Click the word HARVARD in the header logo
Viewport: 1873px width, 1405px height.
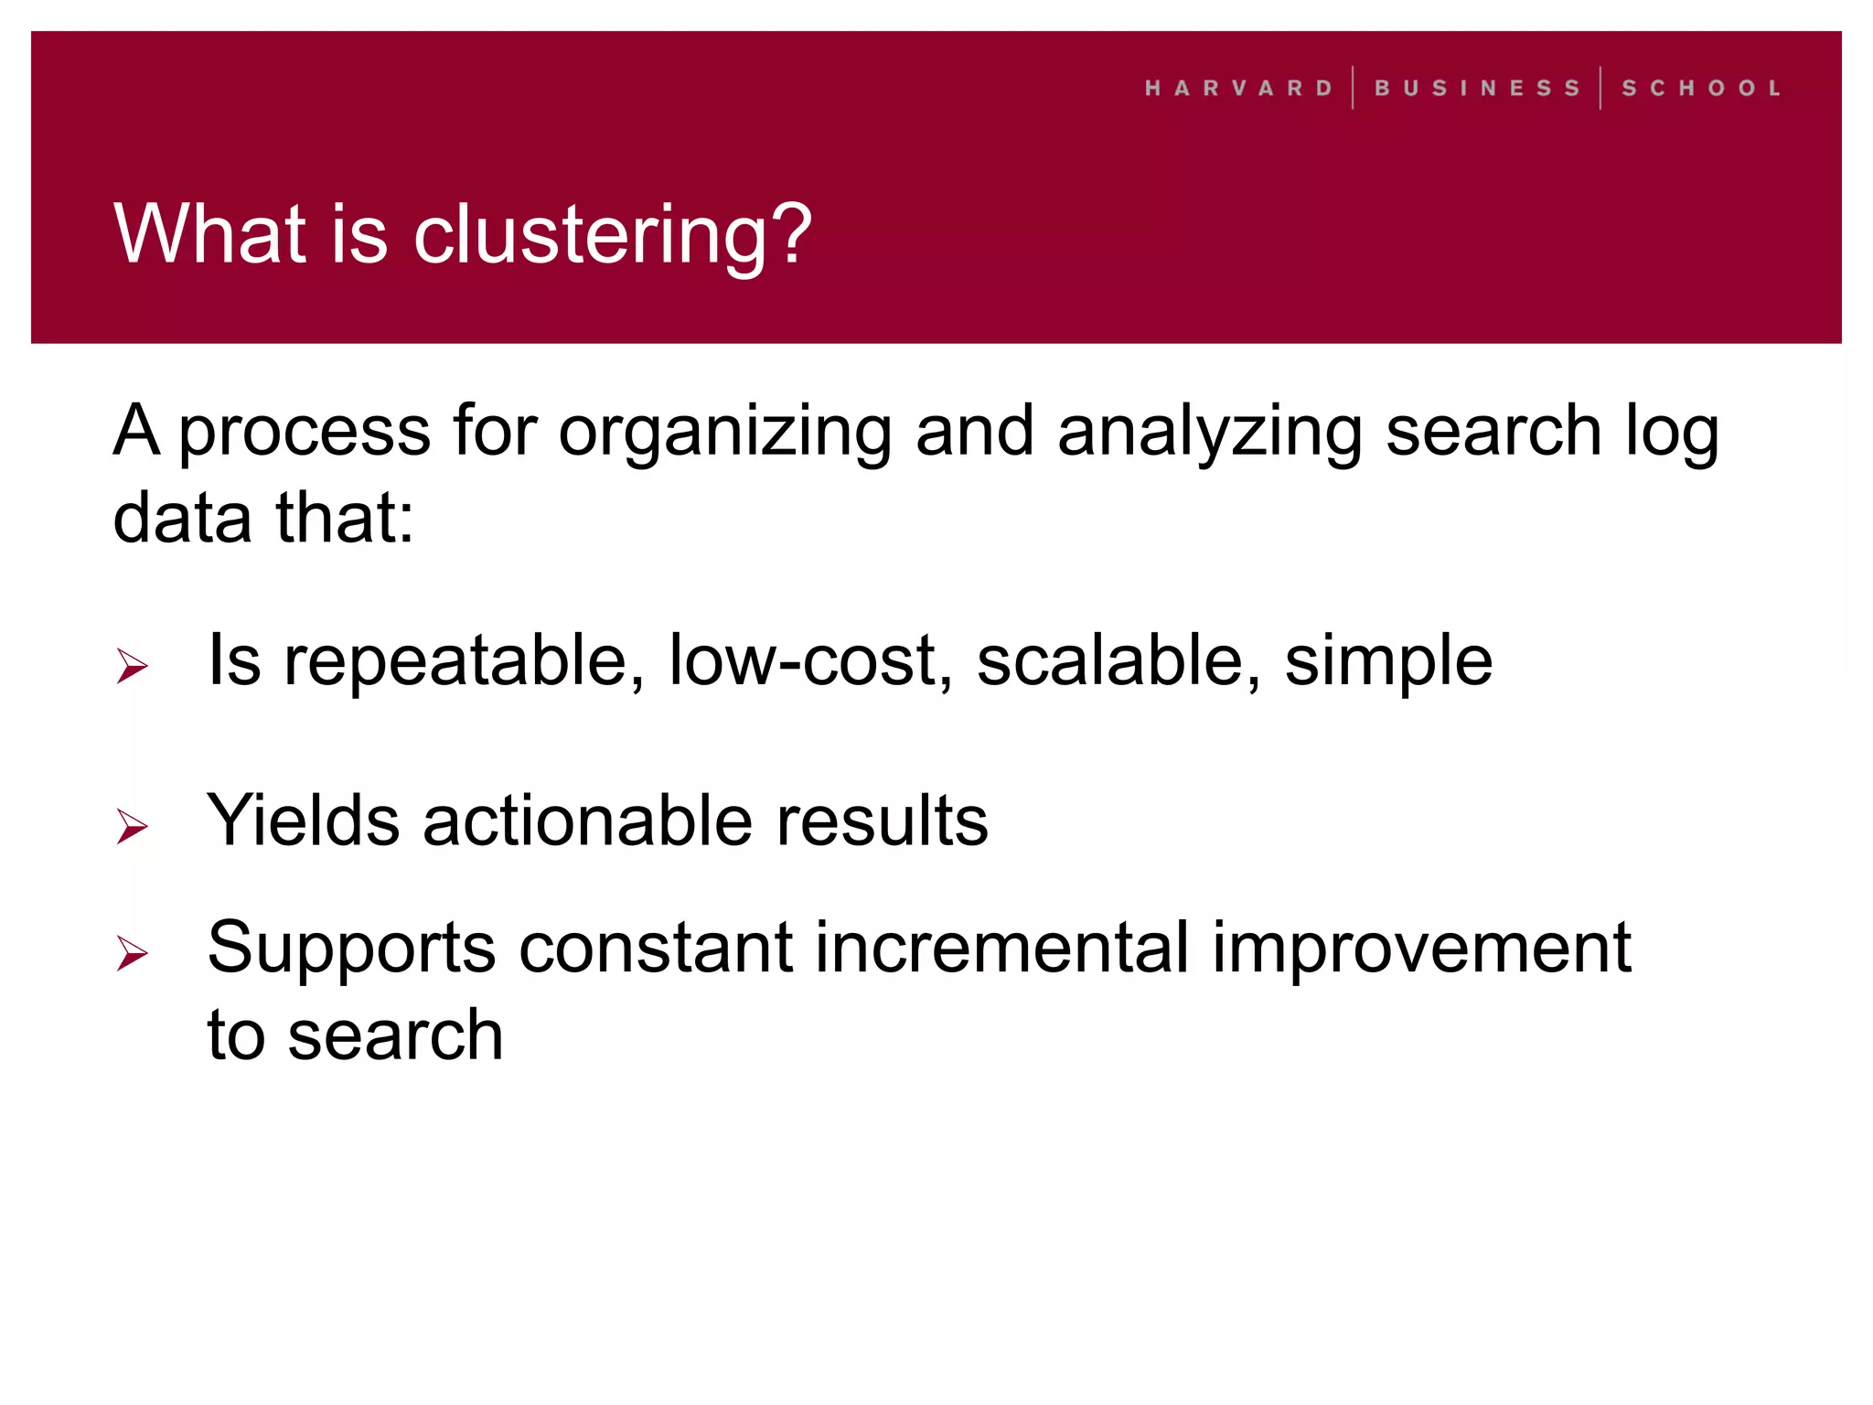click(1238, 88)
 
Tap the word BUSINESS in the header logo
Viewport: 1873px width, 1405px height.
click(1477, 88)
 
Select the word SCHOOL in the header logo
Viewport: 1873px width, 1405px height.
click(1701, 88)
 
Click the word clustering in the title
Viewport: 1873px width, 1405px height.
click(613, 236)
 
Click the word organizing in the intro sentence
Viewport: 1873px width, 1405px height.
click(724, 433)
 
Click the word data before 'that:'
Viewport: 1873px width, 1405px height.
click(182, 518)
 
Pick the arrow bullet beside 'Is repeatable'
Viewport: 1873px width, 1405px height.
click(133, 666)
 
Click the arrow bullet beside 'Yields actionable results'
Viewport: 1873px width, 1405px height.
click(133, 826)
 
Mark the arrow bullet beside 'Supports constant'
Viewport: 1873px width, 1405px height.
click(133, 953)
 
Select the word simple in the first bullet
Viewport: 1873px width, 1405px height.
click(1388, 661)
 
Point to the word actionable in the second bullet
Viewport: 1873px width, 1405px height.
click(588, 820)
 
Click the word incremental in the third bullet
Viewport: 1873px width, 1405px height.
click(1002, 948)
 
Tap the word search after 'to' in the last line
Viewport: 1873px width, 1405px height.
click(395, 1035)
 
